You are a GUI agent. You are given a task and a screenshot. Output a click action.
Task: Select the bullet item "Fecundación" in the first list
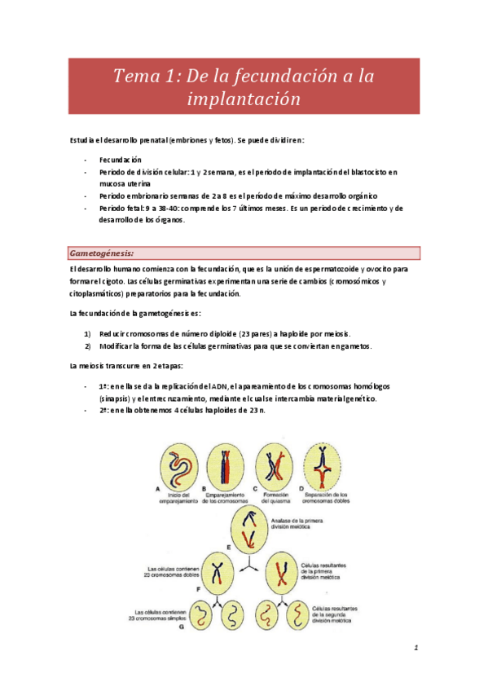click(x=121, y=160)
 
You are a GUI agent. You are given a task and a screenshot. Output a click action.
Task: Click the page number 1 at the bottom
click(x=415, y=648)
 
